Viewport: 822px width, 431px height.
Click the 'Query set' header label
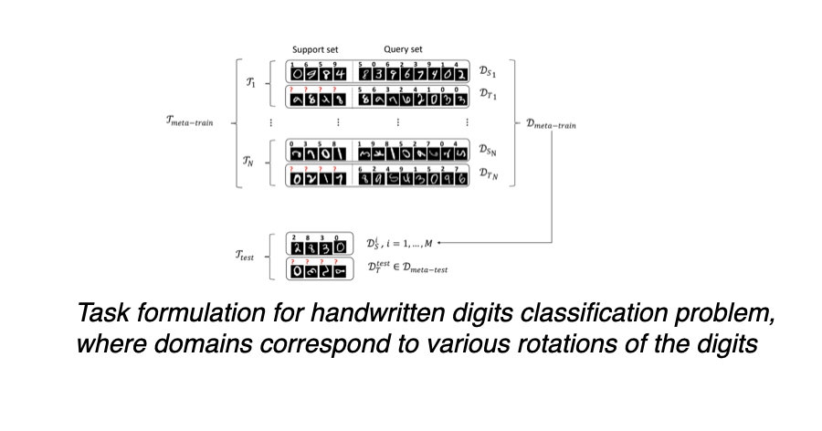pos(403,49)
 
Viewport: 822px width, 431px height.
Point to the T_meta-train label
pos(189,121)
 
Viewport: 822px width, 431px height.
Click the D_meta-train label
pos(556,121)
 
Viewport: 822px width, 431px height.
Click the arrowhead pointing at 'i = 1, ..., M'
pos(439,243)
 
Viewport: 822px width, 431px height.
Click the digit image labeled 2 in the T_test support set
pos(295,246)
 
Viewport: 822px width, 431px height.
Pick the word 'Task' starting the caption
pos(100,315)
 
